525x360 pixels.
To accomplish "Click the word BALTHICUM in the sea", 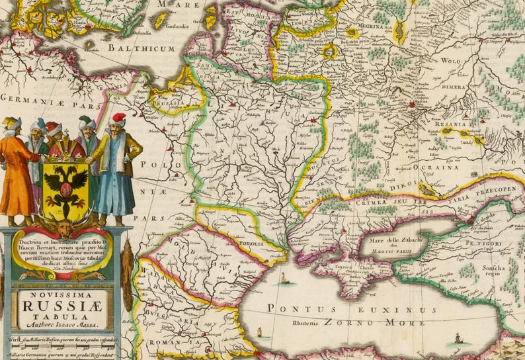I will pos(141,48).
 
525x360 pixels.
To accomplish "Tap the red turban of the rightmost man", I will pos(118,118).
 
